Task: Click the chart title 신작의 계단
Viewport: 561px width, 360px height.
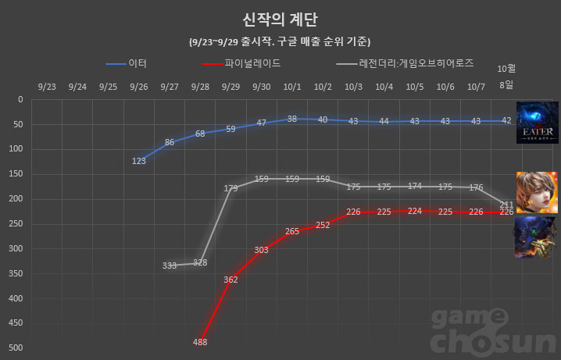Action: pyautogui.click(x=280, y=19)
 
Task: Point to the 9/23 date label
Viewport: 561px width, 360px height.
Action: pyautogui.click(x=47, y=87)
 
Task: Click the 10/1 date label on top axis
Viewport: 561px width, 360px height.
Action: pyautogui.click(x=291, y=87)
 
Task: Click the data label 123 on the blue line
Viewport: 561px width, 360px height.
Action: pyautogui.click(x=139, y=161)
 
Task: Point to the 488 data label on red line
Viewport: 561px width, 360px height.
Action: pyautogui.click(x=200, y=342)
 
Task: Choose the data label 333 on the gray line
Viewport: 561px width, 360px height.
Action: pyautogui.click(x=170, y=266)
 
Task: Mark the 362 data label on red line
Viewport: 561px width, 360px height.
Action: pyautogui.click(x=230, y=279)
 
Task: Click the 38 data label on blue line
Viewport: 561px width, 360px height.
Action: pyautogui.click(x=291, y=119)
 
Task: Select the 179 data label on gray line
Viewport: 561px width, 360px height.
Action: pyautogui.click(x=230, y=188)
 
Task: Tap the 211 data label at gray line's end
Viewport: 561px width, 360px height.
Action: pyautogui.click(x=506, y=205)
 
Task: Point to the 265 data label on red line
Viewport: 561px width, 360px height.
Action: pyautogui.click(x=291, y=231)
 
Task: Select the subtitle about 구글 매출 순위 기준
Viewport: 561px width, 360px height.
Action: pyautogui.click(x=280, y=41)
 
